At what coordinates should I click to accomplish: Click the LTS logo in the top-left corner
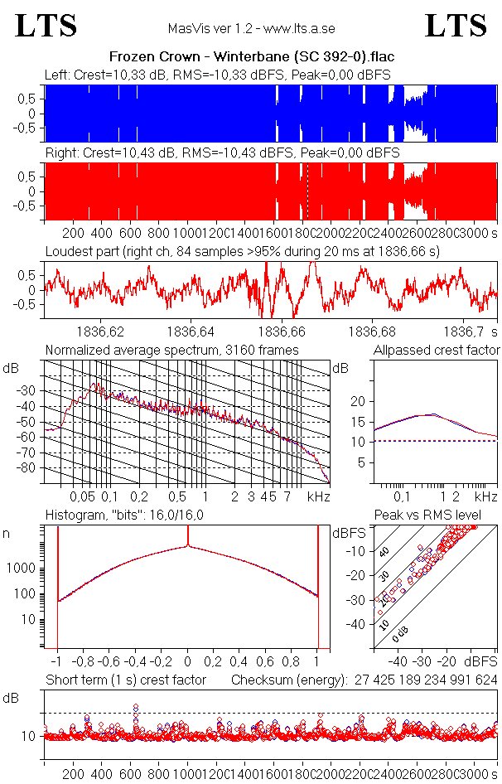pyautogui.click(x=46, y=27)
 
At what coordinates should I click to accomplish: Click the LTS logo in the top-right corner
pyautogui.click(x=456, y=27)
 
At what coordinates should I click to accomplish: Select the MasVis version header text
pyautogui.click(x=251, y=28)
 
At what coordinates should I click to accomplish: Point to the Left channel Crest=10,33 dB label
pyautogui.click(x=218, y=75)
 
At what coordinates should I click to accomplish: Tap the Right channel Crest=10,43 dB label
pyautogui.click(x=222, y=153)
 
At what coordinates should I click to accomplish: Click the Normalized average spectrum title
pyautogui.click(x=171, y=350)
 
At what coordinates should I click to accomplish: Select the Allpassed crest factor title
pyautogui.click(x=437, y=350)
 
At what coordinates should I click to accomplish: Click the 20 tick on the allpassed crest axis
pyautogui.click(x=359, y=401)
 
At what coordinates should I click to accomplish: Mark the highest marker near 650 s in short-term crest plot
pyautogui.click(x=136, y=707)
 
